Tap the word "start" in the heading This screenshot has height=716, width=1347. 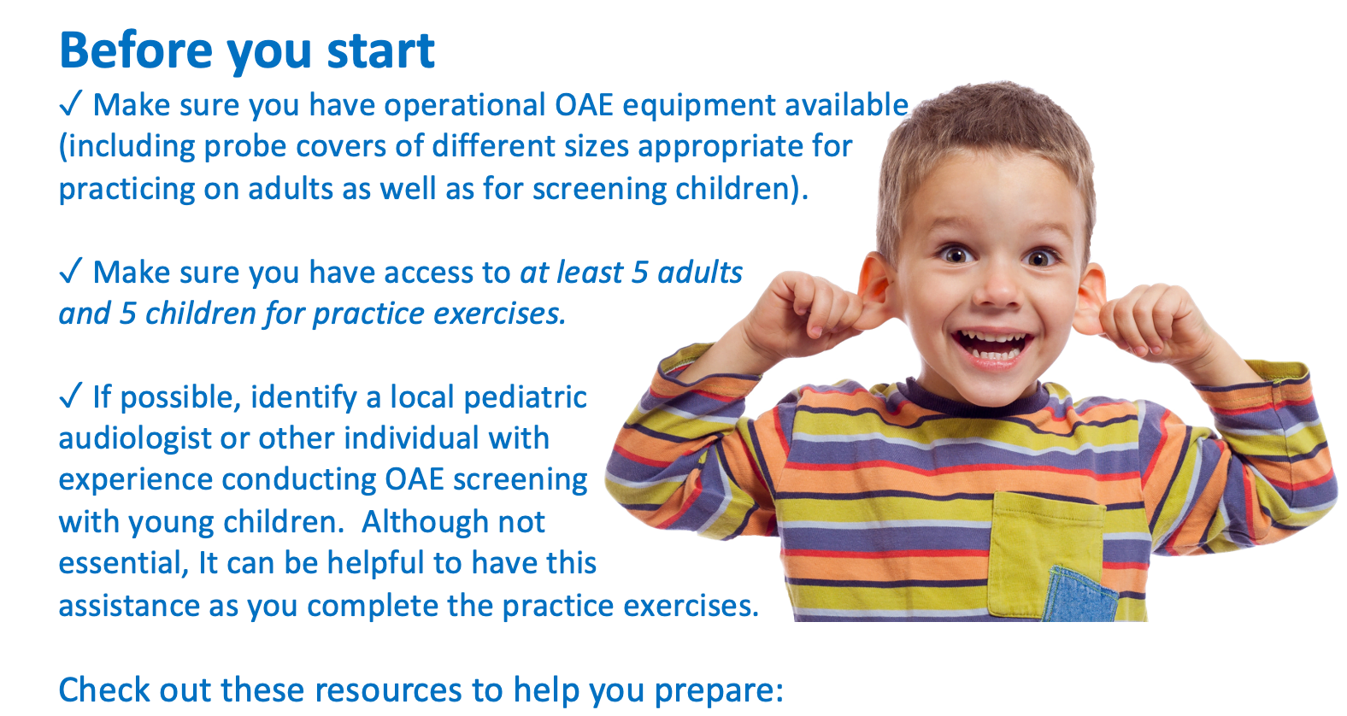pyautogui.click(x=380, y=50)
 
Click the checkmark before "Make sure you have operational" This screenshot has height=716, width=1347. pyautogui.click(x=70, y=104)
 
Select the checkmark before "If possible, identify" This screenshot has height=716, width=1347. pyautogui.click(x=70, y=396)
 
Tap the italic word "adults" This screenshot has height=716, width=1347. pyautogui.click(x=700, y=273)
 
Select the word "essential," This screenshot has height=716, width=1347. pyautogui.click(x=124, y=564)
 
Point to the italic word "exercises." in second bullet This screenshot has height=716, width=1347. pyautogui.click(x=500, y=314)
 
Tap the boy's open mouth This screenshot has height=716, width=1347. pyautogui.click(x=993, y=348)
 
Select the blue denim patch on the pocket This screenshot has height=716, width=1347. pyautogui.click(x=1079, y=595)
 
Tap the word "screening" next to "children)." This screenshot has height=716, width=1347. pyautogui.click(x=599, y=190)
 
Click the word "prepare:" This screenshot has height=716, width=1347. pyautogui.click(x=719, y=691)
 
